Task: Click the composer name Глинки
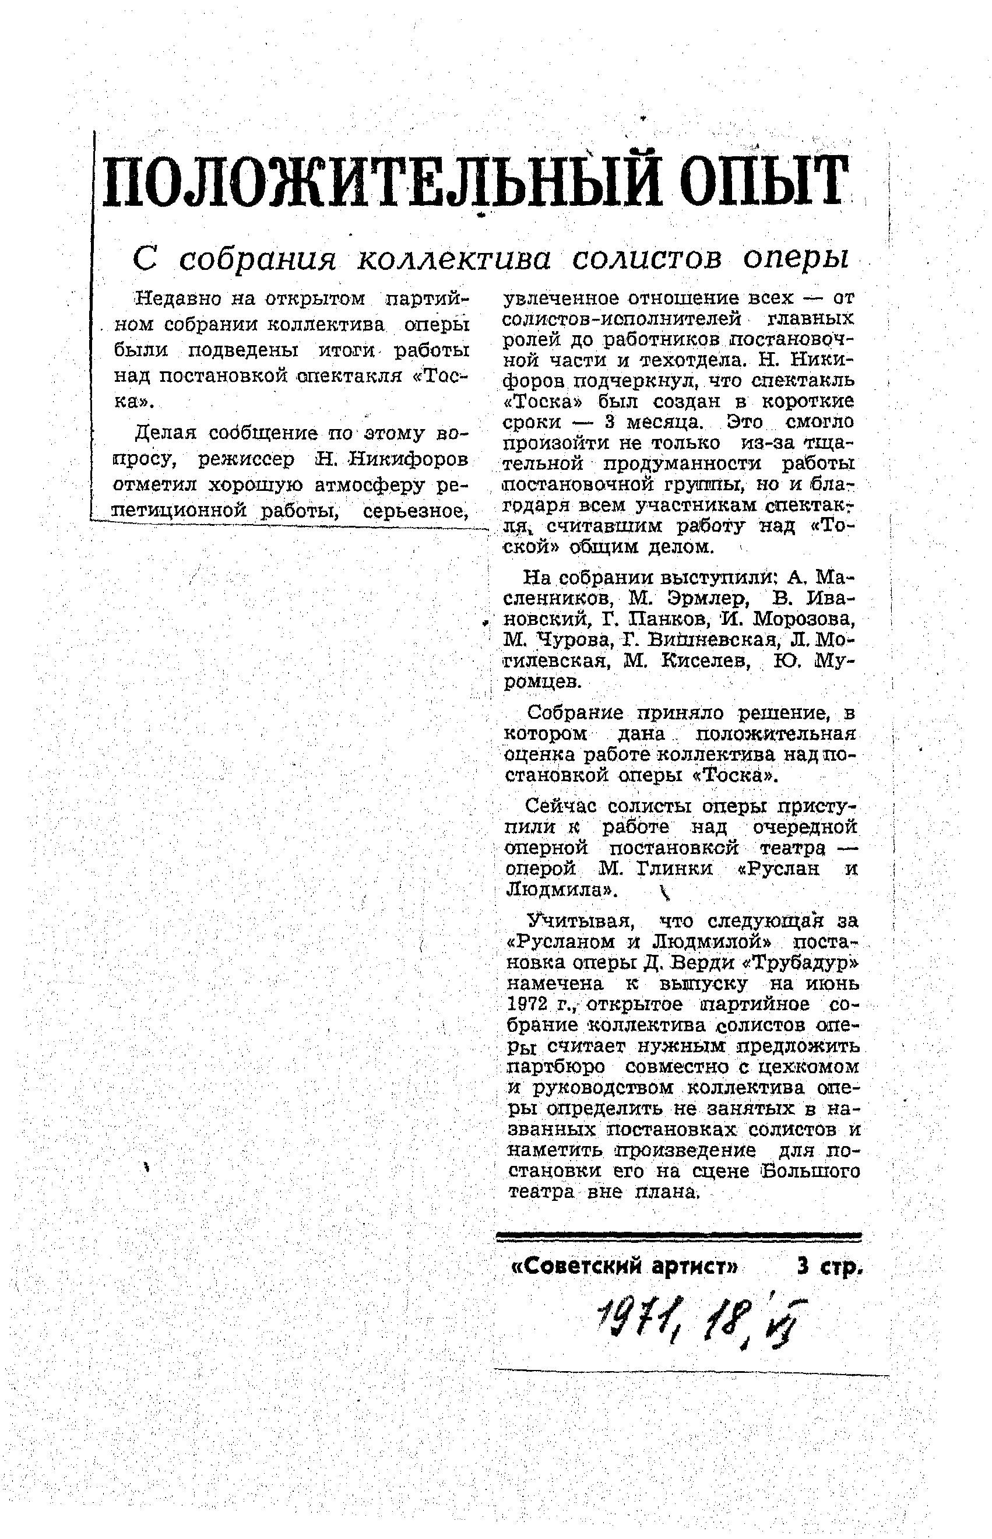coord(674,869)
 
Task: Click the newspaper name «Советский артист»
coord(624,1267)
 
